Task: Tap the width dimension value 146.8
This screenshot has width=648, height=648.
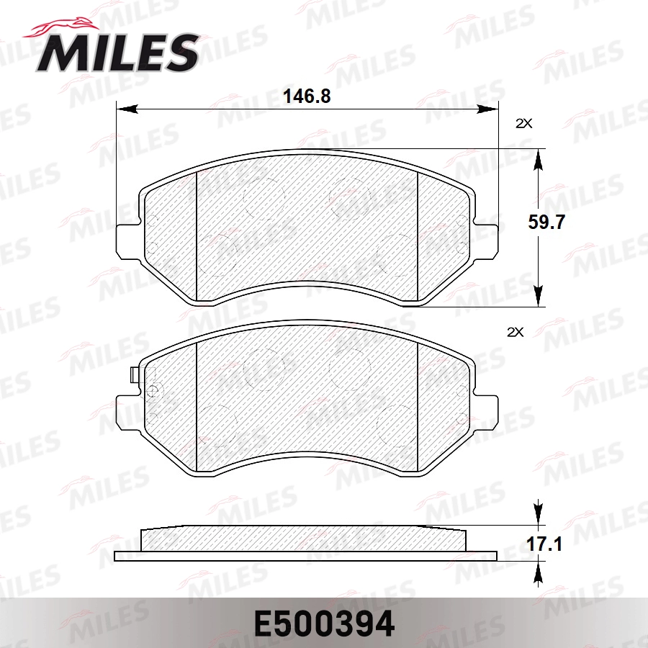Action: click(307, 96)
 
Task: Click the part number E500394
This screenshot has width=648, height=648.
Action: click(323, 624)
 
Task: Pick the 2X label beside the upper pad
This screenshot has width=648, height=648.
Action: click(523, 123)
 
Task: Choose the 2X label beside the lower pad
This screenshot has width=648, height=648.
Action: click(515, 332)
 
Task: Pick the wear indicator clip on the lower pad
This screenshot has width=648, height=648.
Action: click(133, 376)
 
